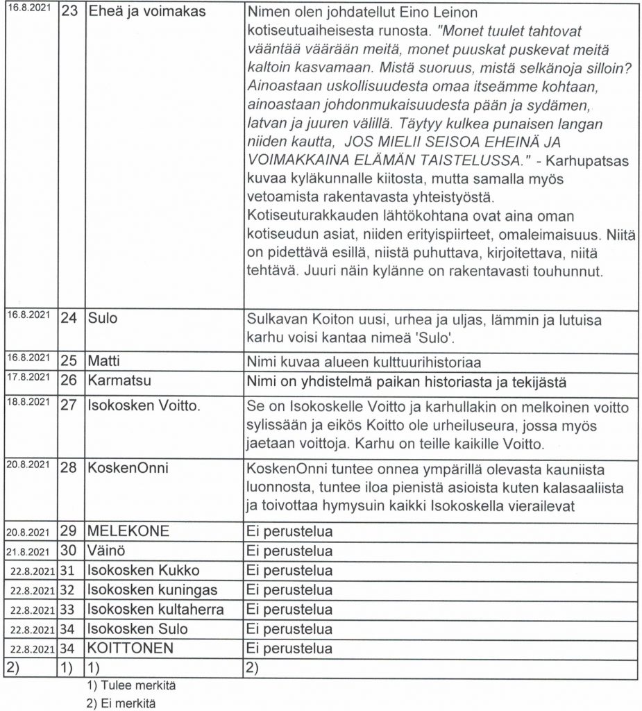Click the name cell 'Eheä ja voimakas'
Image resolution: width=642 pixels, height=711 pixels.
click(147, 13)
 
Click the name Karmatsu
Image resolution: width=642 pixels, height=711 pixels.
click(119, 381)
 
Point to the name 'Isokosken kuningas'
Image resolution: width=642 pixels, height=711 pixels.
click(153, 590)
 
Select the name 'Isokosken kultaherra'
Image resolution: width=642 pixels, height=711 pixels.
click(155, 610)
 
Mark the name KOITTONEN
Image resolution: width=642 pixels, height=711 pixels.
click(130, 649)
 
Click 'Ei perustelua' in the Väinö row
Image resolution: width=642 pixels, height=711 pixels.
click(290, 551)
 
